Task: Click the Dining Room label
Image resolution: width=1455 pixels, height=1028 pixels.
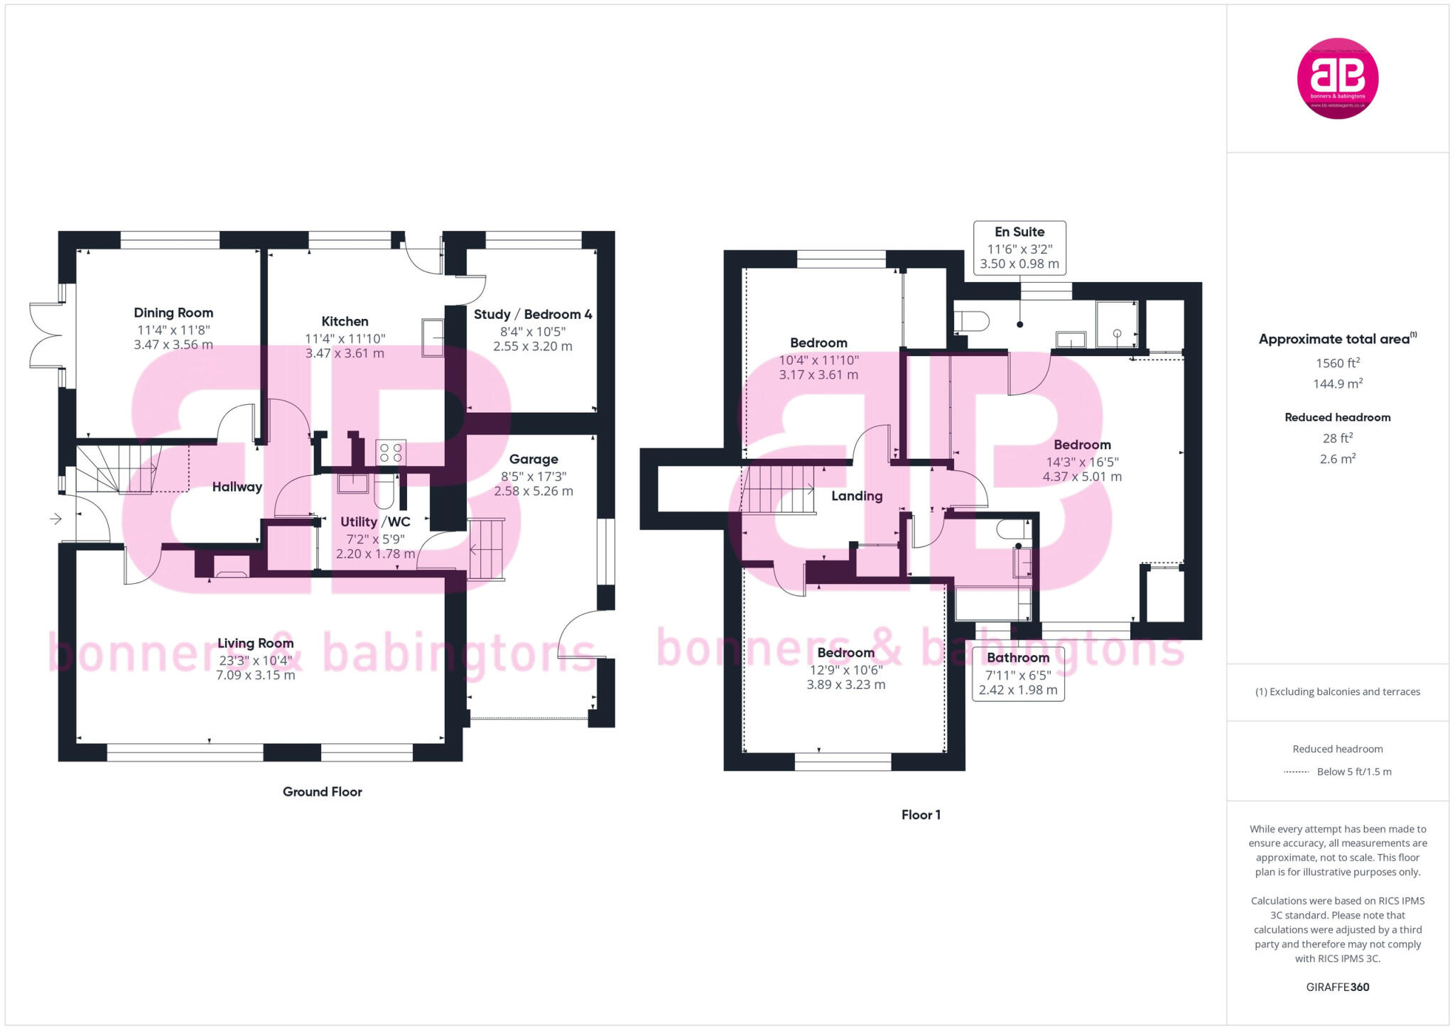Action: [x=173, y=313]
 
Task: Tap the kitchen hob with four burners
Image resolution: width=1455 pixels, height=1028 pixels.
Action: [x=390, y=453]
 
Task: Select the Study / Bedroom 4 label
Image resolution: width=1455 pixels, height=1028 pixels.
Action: [x=533, y=314]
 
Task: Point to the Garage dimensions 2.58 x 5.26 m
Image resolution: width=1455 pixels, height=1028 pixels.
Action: [x=534, y=491]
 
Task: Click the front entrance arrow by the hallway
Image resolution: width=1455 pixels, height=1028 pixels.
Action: [x=55, y=519]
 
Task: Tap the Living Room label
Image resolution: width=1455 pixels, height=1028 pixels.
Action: [x=255, y=643]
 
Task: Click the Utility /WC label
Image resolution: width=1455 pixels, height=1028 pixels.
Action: [x=375, y=521]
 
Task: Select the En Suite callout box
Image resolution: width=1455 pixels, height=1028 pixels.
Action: [x=1019, y=247]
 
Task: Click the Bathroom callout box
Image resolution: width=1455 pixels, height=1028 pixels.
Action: [x=1017, y=673]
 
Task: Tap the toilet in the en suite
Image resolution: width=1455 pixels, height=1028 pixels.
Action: [x=971, y=321]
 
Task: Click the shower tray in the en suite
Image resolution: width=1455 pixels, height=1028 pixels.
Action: [x=1116, y=325]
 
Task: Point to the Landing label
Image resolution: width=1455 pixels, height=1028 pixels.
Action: [x=857, y=496]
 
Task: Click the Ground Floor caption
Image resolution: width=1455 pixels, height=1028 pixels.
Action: [x=322, y=791]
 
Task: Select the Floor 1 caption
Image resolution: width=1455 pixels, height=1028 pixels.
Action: [x=921, y=815]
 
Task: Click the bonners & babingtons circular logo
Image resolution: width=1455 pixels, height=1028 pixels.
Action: [x=1337, y=78]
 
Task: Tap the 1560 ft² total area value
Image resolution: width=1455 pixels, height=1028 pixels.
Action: [x=1337, y=363]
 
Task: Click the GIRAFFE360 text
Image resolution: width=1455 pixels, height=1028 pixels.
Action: [x=1337, y=987]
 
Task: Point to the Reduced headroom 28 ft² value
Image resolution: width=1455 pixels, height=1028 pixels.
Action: [x=1337, y=438]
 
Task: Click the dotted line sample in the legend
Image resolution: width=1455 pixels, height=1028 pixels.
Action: [x=1296, y=772]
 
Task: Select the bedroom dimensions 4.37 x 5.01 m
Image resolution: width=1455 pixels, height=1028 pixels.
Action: [x=1081, y=477]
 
